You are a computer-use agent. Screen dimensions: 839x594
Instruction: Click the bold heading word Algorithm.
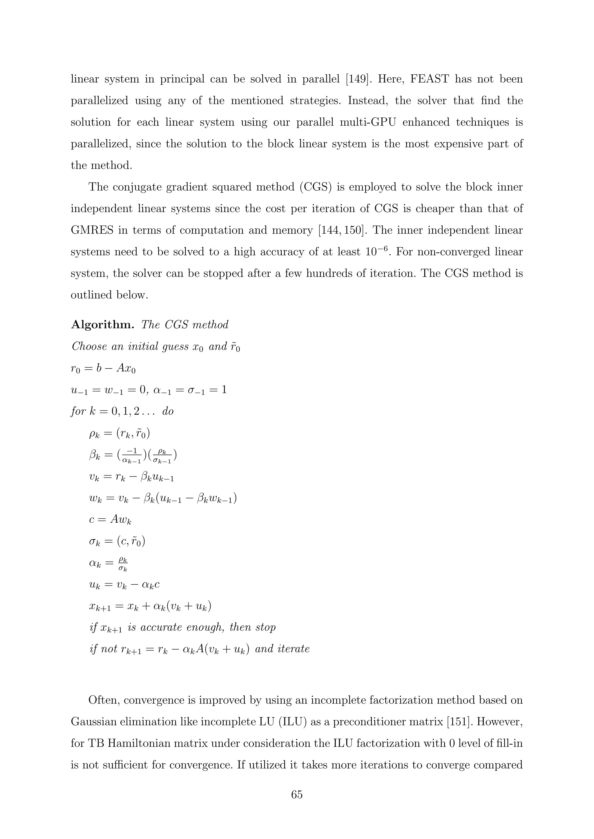(102, 324)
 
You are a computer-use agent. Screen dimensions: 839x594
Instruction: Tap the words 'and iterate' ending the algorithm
(282, 649)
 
